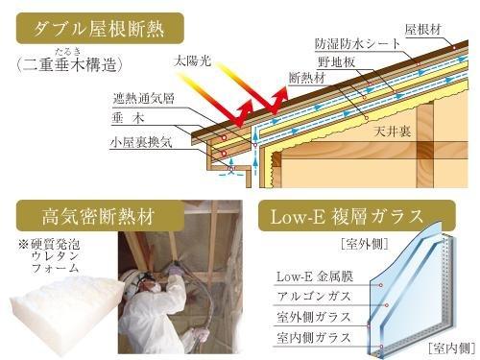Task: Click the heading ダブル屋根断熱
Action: click(97, 29)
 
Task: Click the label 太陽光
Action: click(189, 60)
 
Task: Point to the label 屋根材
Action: click(422, 30)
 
